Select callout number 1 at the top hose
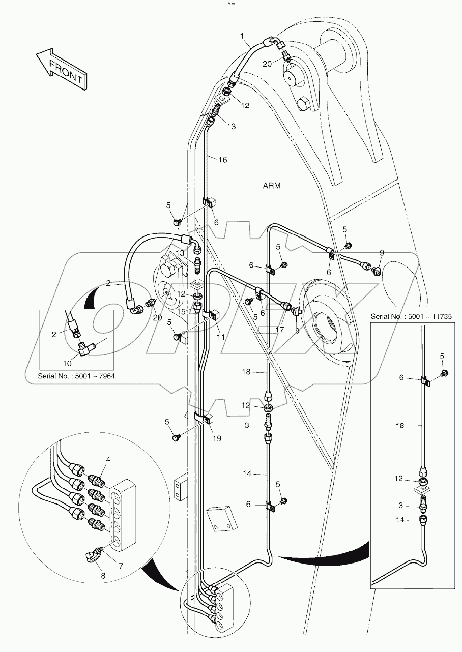(x=243, y=35)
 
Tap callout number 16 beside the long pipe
(x=222, y=159)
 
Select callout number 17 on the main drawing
(x=279, y=329)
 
